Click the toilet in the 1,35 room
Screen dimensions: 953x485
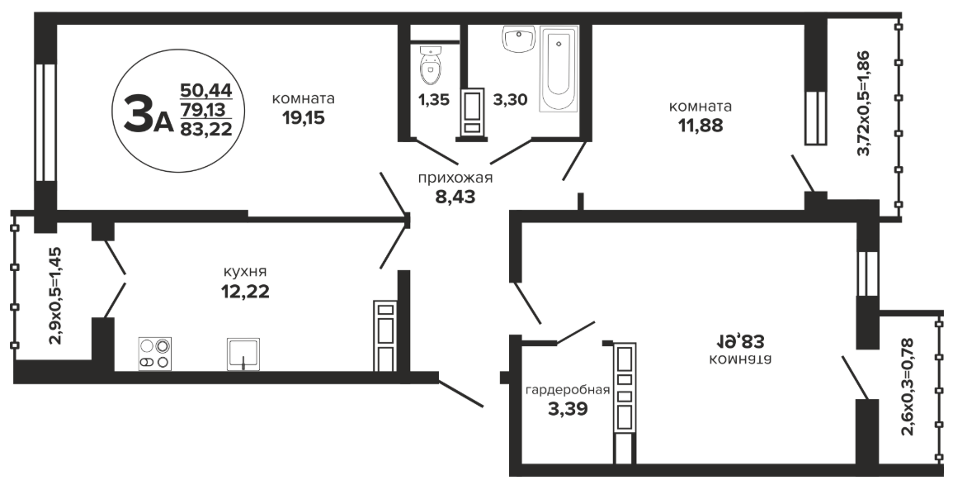coord(431,67)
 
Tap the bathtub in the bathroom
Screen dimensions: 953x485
coord(559,68)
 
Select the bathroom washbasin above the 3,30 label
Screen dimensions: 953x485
coord(518,39)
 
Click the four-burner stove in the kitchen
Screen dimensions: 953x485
coord(154,354)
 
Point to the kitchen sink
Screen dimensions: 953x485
coord(243,354)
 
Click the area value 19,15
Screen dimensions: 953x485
coord(304,118)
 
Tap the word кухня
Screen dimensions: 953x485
coord(245,272)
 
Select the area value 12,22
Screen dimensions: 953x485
coord(245,292)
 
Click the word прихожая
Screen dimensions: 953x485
coord(455,178)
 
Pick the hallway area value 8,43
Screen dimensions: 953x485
coord(455,197)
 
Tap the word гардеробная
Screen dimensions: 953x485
coord(567,391)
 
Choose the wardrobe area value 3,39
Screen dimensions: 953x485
coord(568,409)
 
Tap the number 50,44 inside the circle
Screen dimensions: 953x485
coord(206,91)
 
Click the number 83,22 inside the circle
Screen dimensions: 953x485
coord(206,128)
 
